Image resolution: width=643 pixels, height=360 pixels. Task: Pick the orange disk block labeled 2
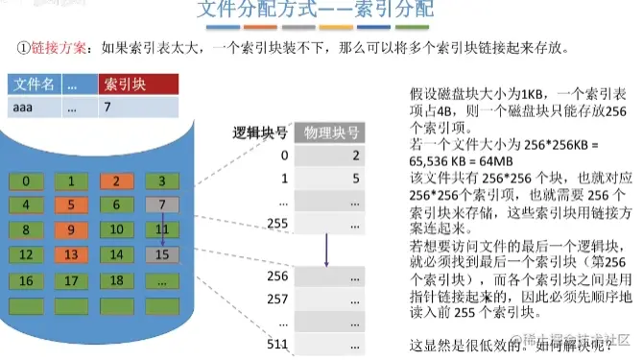(115, 180)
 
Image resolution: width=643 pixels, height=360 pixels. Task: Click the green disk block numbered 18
(115, 281)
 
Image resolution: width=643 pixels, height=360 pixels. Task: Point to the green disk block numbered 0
(33, 180)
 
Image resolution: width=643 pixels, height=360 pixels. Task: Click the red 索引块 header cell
(138, 84)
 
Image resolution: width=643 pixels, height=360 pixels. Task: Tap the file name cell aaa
(24, 108)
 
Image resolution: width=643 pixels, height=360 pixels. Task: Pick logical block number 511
(277, 346)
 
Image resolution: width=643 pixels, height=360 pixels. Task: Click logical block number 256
(277, 276)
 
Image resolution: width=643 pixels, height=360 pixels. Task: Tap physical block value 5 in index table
(355, 179)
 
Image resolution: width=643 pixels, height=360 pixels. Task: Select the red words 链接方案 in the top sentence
(62, 47)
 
